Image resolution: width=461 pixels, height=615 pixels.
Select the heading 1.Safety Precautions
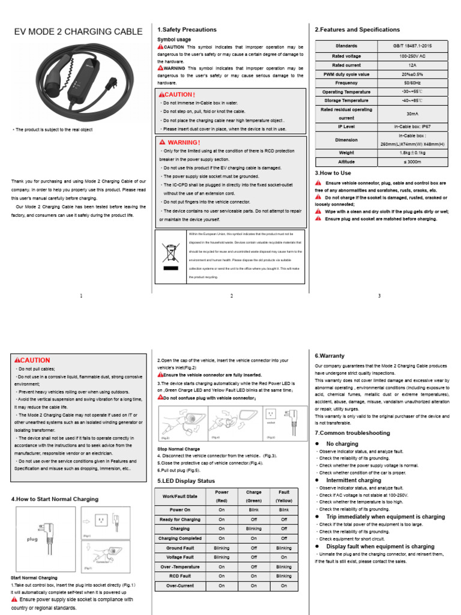pyautogui.click(x=187, y=29)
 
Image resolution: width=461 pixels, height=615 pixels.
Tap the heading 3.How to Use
pyautogui.click(x=333, y=172)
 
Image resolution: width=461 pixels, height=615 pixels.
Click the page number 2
pyautogui.click(x=232, y=296)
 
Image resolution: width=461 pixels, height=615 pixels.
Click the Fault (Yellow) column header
pyautogui.click(x=284, y=496)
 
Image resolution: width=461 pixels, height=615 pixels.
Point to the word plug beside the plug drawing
pyautogui.click(x=32, y=539)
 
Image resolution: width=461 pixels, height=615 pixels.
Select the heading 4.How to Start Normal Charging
pyautogui.click(x=55, y=499)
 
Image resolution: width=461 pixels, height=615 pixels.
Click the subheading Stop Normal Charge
pyautogui.click(x=179, y=449)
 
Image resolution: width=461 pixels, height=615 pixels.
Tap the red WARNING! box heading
pyautogui.click(x=180, y=142)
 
